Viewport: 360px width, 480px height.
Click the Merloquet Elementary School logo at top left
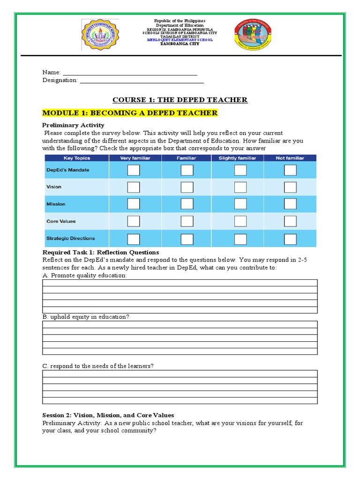(x=100, y=35)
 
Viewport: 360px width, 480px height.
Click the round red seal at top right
(x=253, y=36)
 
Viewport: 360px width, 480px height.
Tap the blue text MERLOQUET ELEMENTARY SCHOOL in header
(x=180, y=40)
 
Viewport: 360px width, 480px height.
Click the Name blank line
(x=130, y=72)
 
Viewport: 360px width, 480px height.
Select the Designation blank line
(x=142, y=80)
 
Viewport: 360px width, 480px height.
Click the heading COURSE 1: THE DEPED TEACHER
(x=180, y=100)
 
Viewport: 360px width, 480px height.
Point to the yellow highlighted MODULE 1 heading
(x=130, y=113)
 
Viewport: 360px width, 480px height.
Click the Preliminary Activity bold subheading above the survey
(x=73, y=125)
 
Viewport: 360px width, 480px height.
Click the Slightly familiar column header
(x=238, y=158)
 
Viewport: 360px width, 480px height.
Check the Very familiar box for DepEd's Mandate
(x=134, y=170)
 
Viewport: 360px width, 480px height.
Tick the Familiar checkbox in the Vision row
(x=187, y=187)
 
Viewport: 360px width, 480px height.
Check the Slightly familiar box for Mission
(x=240, y=204)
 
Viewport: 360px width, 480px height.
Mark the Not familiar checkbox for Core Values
(x=290, y=221)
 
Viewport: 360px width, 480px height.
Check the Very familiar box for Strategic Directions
(x=134, y=239)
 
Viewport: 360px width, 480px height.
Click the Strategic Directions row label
(x=70, y=239)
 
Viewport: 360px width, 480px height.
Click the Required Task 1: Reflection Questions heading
(x=101, y=253)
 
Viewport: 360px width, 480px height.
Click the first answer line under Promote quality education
(x=180, y=283)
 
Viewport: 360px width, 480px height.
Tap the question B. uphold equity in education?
(x=86, y=317)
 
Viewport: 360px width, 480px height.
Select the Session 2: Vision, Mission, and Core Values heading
(x=108, y=415)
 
